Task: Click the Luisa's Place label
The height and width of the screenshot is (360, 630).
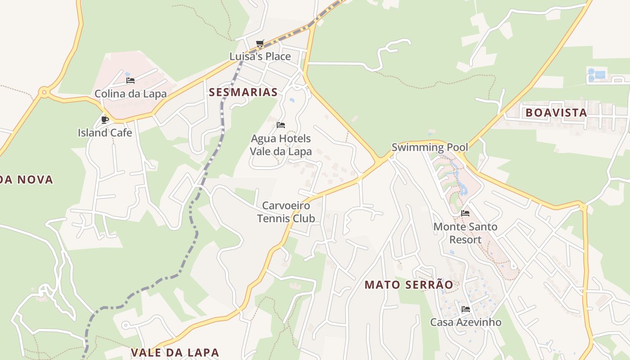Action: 260,56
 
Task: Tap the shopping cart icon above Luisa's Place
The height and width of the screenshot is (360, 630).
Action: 260,44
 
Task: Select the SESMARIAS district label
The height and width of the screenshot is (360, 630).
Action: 243,92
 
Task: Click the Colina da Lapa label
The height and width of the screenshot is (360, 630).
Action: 130,94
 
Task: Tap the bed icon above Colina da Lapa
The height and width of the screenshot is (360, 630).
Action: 130,81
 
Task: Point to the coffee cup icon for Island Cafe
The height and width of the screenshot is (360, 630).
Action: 105,120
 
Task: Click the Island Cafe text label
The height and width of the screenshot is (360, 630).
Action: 105,132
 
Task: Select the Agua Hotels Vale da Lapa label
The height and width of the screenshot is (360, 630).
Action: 281,144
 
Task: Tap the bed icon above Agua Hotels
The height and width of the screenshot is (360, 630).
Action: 281,125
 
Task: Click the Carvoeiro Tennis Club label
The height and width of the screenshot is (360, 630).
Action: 286,212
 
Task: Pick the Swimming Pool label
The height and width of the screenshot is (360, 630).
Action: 430,147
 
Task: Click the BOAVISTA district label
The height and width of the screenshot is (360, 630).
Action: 556,112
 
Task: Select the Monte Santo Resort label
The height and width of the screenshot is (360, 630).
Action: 465,233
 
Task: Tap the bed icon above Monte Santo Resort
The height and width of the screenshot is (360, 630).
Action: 465,213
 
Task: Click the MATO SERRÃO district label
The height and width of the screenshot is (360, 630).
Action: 409,284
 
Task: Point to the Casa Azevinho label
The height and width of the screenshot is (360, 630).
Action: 466,322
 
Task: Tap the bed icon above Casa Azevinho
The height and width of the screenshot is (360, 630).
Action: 466,309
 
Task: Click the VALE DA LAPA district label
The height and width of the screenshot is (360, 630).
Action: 175,352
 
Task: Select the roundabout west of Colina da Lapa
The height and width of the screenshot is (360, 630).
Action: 44,93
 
